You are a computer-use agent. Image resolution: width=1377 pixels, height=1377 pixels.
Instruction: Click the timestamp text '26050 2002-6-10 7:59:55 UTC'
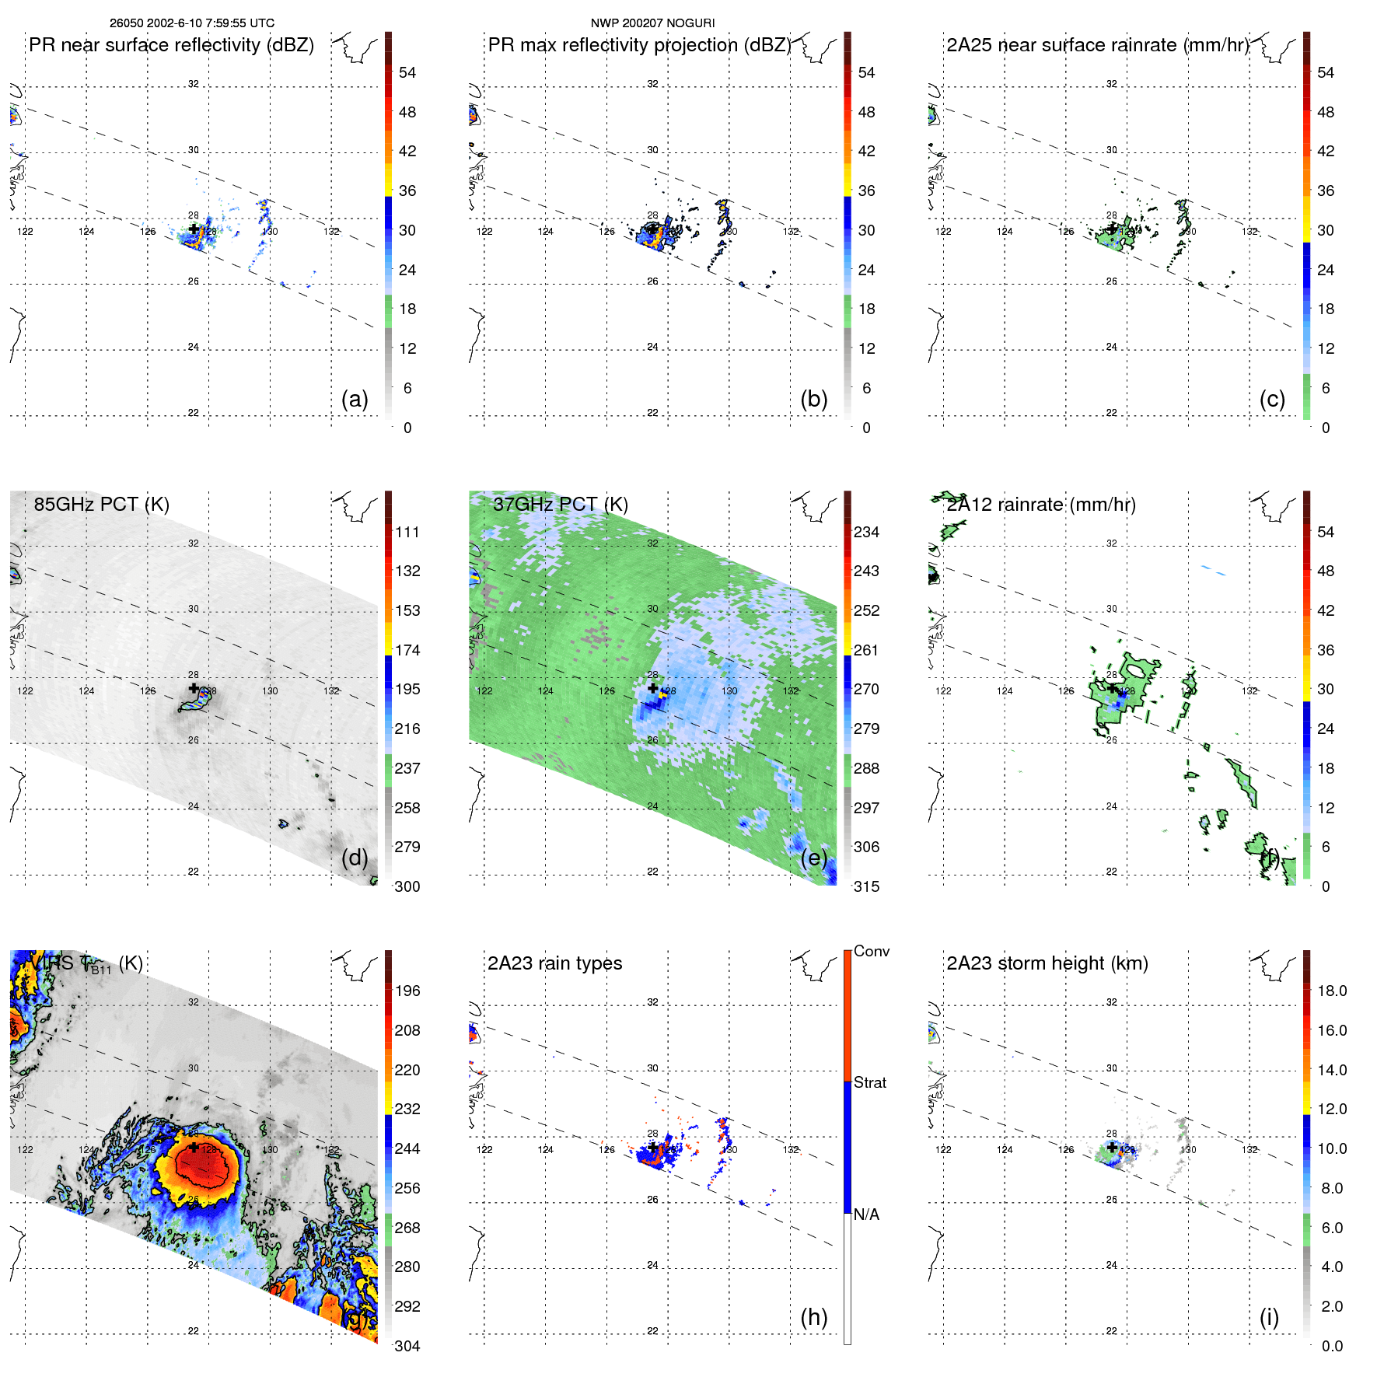[191, 23]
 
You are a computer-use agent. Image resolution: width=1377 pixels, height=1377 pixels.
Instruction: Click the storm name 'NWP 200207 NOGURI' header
[652, 23]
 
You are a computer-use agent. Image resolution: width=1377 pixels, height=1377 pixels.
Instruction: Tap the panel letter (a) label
[355, 399]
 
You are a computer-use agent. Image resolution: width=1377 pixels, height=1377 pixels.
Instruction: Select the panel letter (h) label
[813, 1316]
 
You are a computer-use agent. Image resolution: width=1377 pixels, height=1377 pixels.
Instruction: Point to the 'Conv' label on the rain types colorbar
[871, 951]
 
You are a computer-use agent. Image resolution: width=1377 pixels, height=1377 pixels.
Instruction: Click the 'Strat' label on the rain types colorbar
[869, 1082]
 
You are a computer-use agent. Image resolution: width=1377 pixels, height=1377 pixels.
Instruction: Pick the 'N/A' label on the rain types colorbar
[866, 1214]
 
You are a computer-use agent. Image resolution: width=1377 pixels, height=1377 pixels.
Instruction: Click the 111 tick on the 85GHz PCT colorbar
[407, 532]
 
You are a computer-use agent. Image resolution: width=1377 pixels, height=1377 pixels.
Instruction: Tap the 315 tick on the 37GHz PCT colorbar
[866, 886]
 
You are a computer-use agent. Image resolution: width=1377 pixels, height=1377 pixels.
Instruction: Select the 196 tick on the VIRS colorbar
[407, 991]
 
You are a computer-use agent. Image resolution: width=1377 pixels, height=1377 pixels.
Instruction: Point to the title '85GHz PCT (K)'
[101, 504]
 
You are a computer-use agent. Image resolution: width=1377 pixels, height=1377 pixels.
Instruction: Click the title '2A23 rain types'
[554, 963]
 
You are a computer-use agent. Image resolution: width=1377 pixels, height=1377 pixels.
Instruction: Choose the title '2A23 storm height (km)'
[1047, 963]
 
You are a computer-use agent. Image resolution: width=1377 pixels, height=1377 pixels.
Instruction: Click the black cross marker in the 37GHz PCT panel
[652, 688]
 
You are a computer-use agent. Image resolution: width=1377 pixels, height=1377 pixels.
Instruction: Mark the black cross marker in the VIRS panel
[194, 1147]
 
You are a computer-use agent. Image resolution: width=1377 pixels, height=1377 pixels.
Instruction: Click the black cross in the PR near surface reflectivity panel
[194, 229]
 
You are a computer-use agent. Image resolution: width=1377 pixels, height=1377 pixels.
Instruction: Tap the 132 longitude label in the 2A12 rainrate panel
[1249, 690]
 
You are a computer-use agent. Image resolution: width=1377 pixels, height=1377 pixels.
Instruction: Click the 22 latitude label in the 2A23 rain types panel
[652, 1330]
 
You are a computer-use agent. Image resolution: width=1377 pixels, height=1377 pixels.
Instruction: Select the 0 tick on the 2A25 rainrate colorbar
[1326, 428]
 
